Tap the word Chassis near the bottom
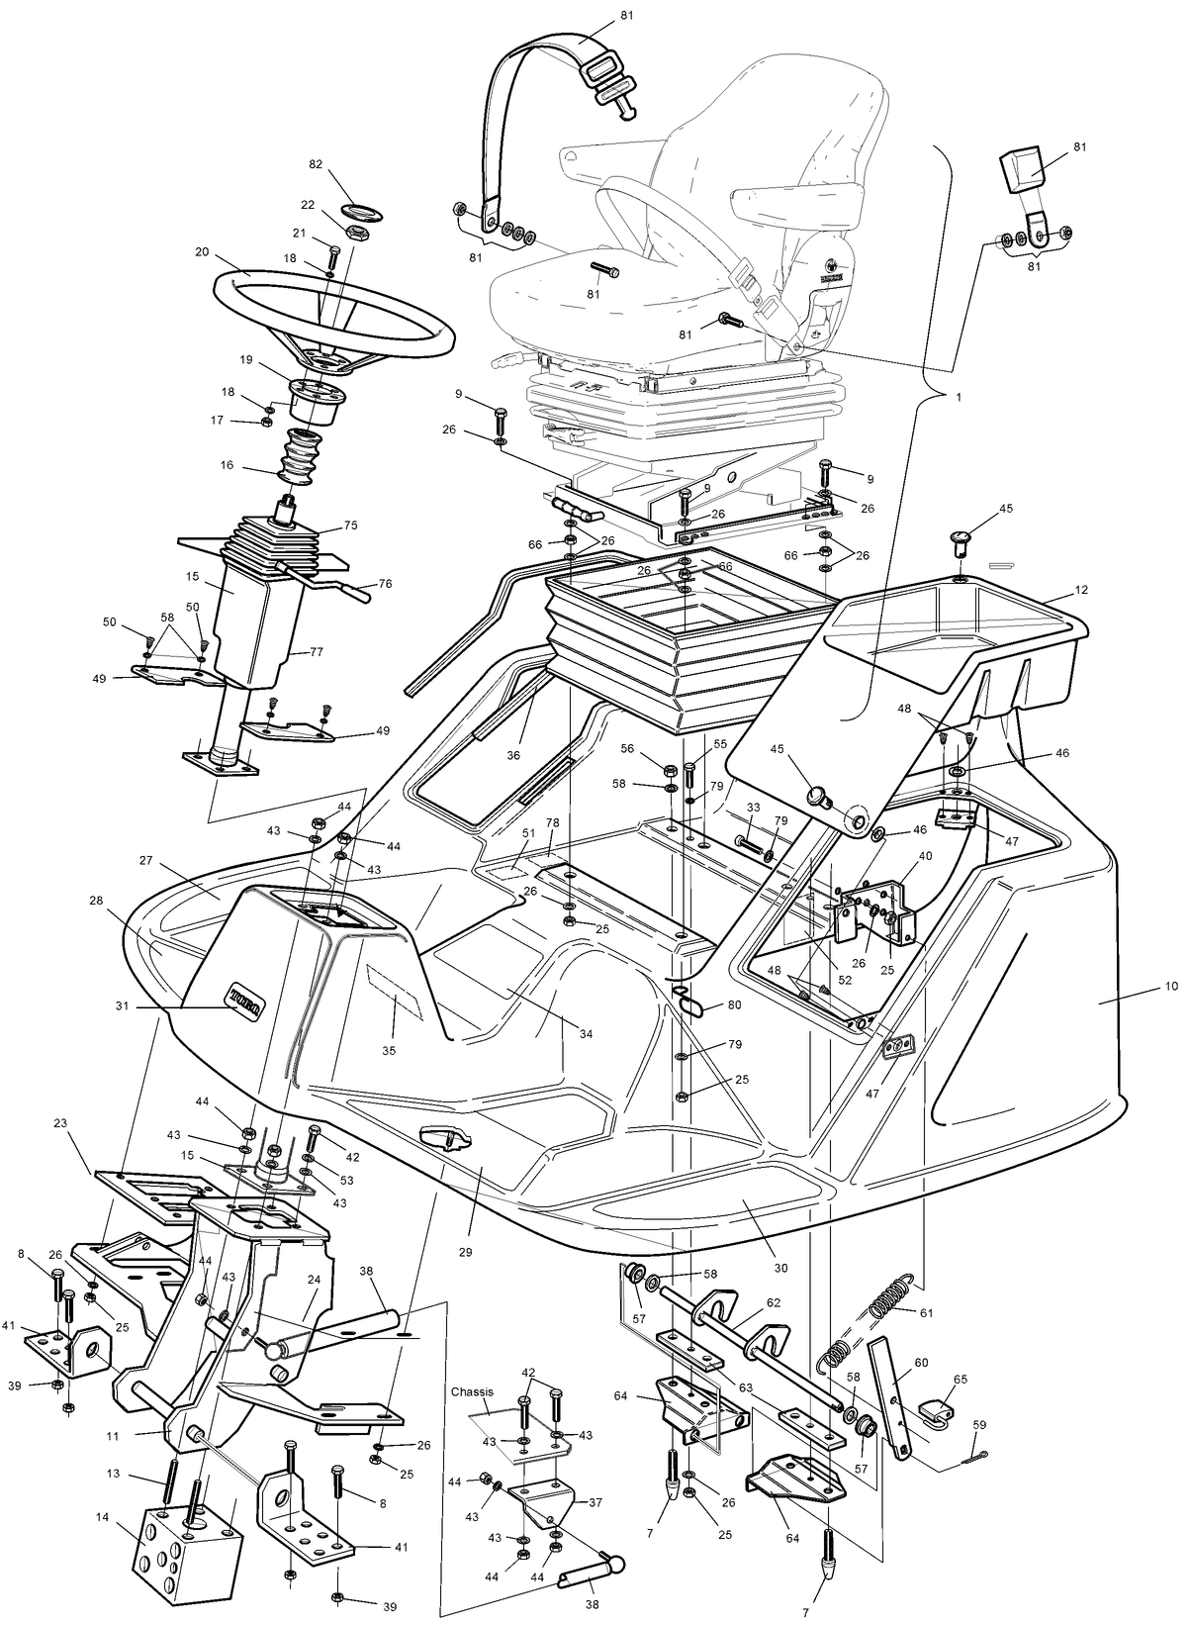473,1391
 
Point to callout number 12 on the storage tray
1081,591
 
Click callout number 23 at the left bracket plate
61,1123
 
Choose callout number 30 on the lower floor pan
780,1268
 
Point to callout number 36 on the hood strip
513,755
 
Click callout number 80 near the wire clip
733,1004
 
